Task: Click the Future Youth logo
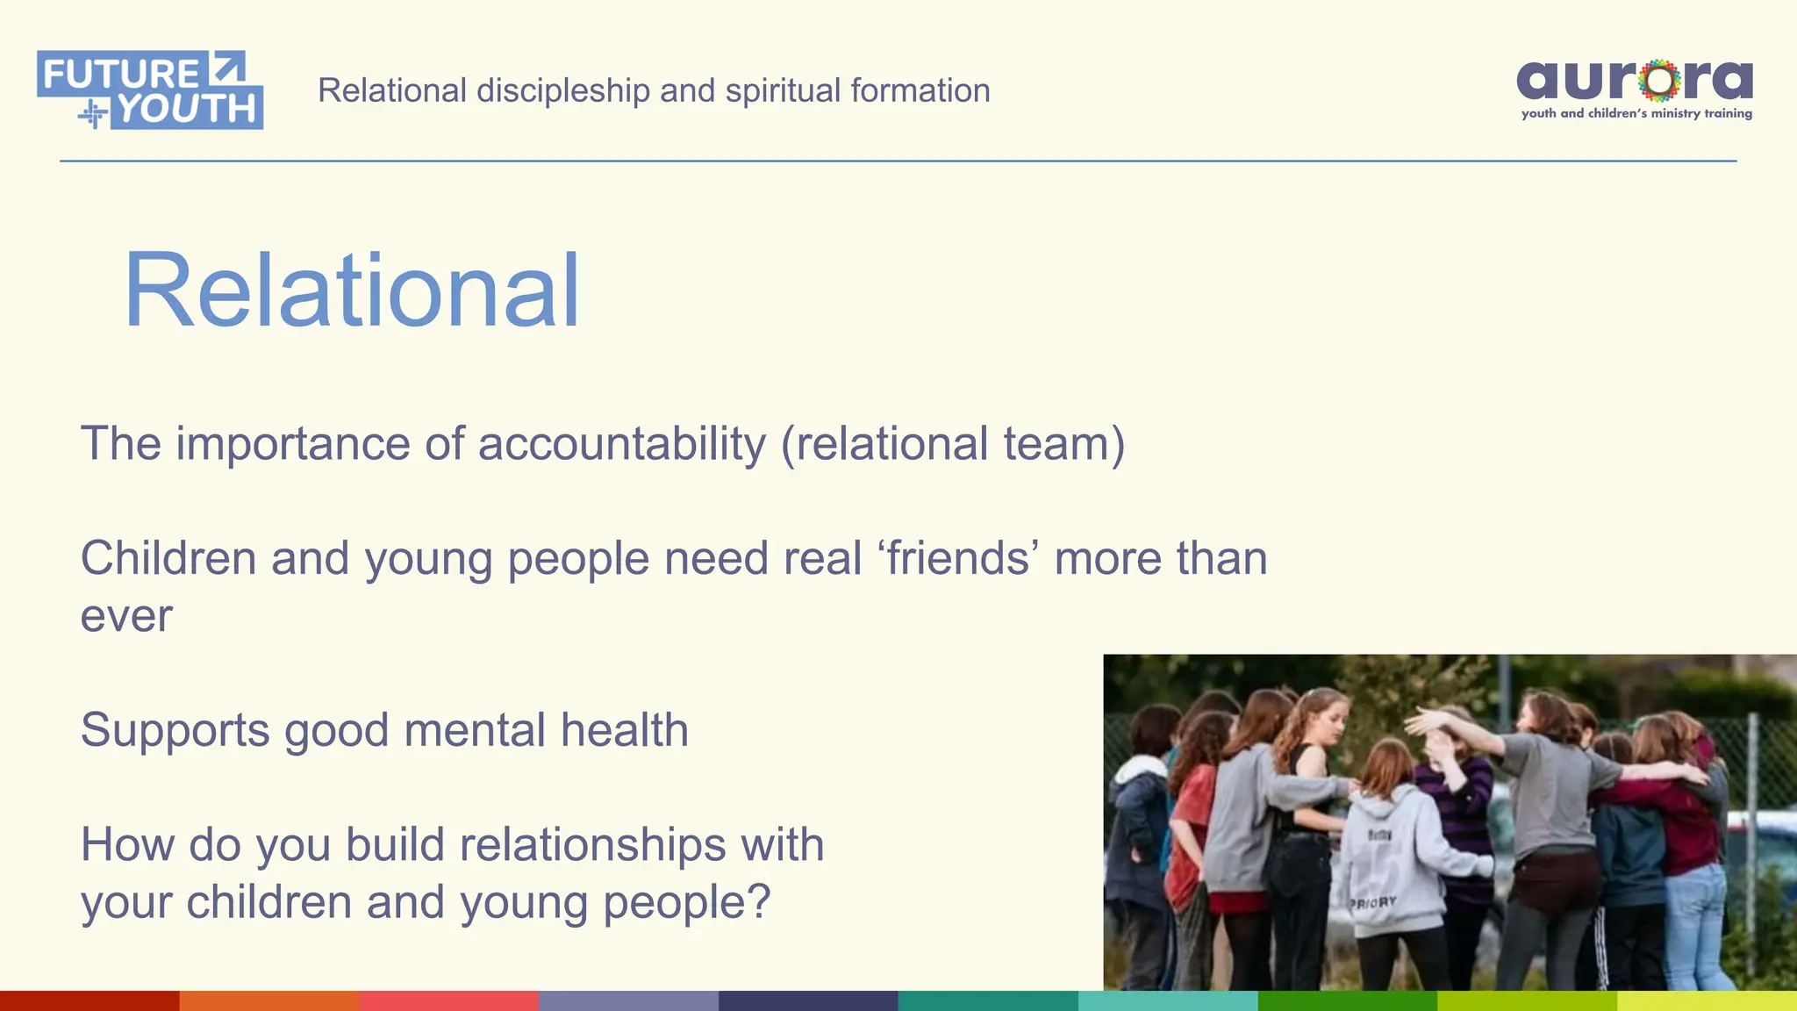coord(150,90)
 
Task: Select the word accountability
coord(622,443)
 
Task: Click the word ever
coord(126,615)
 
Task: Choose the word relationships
coord(594,844)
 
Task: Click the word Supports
coord(175,731)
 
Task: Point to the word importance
coord(293,445)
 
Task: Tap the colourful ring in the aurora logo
coord(1659,81)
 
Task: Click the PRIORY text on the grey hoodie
coord(1373,902)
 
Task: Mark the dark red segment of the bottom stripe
coord(89,1000)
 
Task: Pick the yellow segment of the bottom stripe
coord(1707,1000)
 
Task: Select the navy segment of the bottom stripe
coord(808,1000)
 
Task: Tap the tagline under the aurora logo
coord(1636,113)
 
